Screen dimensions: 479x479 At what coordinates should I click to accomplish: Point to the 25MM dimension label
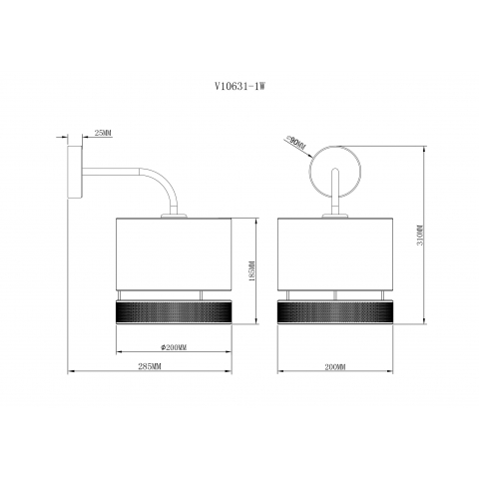pos(101,133)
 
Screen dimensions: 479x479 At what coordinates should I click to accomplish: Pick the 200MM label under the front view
pos(335,368)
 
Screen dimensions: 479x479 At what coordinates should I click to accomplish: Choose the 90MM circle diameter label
pos(295,144)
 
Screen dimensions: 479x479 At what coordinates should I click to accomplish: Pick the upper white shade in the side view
pos(175,254)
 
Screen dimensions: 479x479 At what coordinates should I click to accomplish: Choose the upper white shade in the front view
pos(335,254)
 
